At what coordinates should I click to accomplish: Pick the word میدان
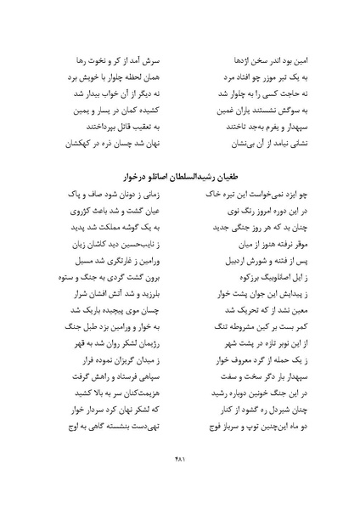(x=146, y=409)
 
